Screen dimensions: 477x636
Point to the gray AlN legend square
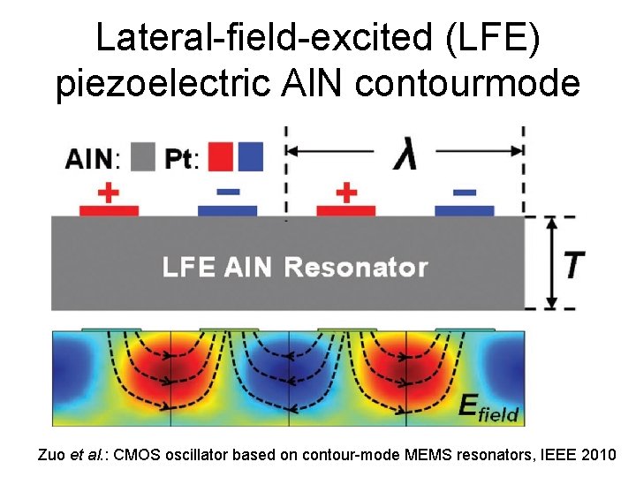141,157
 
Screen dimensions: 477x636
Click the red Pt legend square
221,157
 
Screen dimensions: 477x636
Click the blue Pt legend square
250,157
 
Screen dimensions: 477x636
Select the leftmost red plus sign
109,193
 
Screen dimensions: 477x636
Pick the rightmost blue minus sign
465,192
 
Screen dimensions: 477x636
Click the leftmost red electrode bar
109,210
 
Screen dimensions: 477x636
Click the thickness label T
573,263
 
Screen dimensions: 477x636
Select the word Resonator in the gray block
356,267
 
